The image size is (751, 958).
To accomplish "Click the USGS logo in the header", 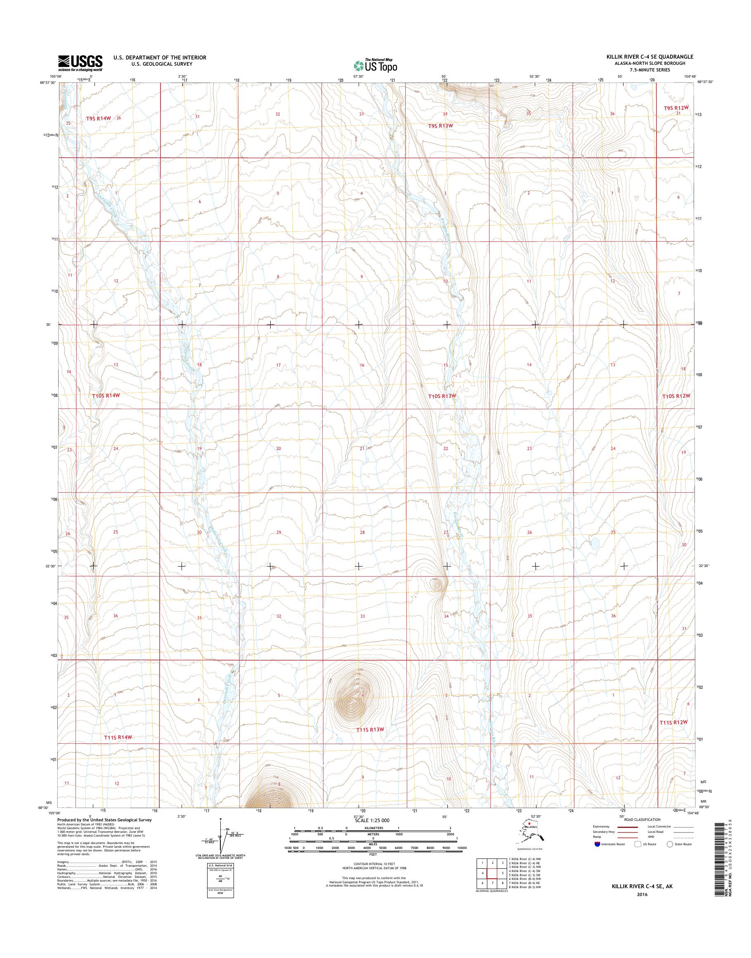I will [80, 63].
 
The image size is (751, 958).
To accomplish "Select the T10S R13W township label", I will [442, 396].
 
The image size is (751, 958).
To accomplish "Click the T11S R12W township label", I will [673, 722].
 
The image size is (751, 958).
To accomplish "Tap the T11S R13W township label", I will [371, 729].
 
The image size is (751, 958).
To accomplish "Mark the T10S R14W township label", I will [106, 396].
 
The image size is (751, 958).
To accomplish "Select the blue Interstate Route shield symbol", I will [597, 844].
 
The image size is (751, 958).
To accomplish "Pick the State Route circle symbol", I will [670, 844].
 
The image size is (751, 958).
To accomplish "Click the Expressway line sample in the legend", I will [626, 826].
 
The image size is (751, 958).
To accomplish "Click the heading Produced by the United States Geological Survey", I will [104, 820].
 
